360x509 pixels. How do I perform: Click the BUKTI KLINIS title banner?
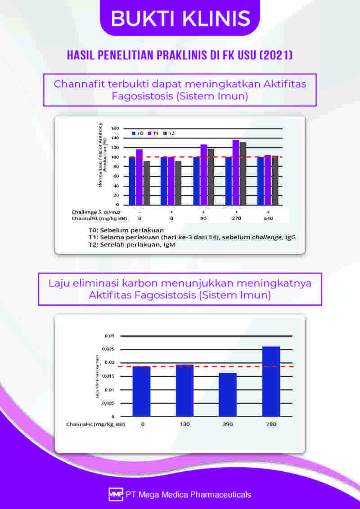(x=180, y=18)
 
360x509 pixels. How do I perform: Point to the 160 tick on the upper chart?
(x=115, y=129)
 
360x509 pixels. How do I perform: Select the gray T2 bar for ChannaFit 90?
(x=211, y=177)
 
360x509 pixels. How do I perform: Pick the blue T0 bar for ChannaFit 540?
(x=261, y=181)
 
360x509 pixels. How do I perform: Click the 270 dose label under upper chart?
(x=236, y=218)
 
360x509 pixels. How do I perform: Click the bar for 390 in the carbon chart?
(x=228, y=394)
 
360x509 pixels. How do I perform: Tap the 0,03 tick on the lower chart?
(x=110, y=336)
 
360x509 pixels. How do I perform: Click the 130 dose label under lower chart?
(x=184, y=424)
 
